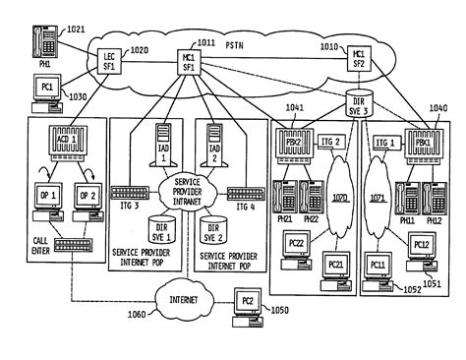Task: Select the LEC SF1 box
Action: click(108, 61)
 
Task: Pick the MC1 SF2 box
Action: click(359, 59)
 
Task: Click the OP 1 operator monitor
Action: click(44, 196)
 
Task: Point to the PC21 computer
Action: click(334, 265)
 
